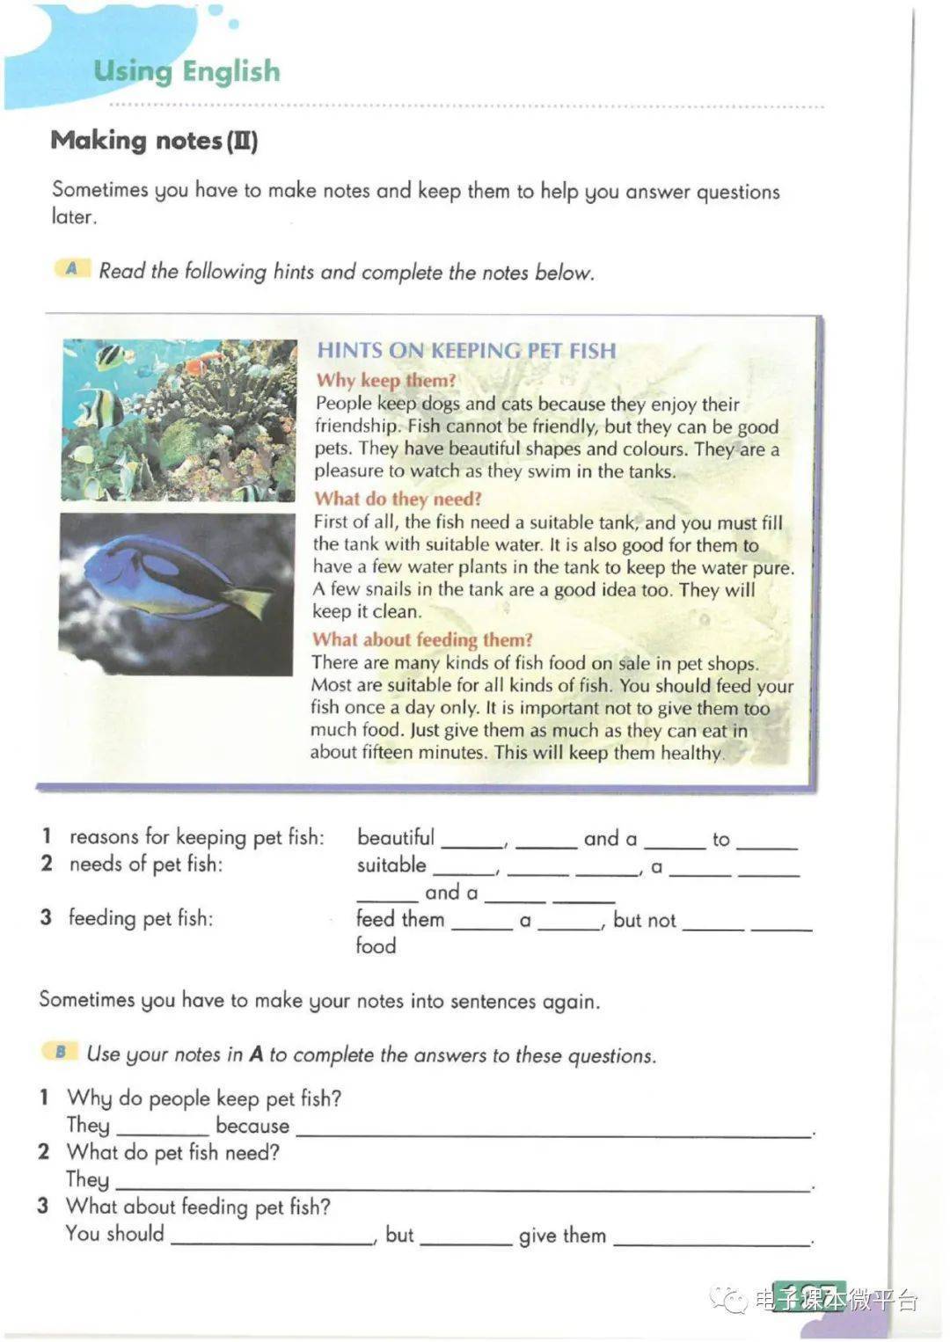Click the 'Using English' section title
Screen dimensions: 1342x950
tap(186, 71)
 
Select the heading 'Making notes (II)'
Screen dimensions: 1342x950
tap(154, 141)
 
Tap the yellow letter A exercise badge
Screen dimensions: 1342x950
tap(72, 268)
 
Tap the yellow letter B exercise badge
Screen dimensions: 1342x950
tap(60, 1052)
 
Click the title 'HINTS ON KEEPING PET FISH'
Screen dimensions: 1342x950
tap(466, 350)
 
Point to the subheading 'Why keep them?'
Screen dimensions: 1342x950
tap(386, 380)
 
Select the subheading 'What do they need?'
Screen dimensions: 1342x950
tap(398, 499)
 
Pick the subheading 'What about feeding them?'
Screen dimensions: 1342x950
tap(422, 639)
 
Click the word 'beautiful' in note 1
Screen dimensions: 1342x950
tap(396, 837)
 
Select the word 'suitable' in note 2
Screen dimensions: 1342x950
tap(391, 865)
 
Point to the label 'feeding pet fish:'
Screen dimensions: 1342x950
tap(141, 918)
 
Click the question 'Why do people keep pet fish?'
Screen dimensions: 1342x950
tap(204, 1098)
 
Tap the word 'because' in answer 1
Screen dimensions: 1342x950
tap(252, 1126)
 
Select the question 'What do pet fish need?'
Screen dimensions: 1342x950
tap(172, 1152)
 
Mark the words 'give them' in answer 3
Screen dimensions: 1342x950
tap(562, 1236)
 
